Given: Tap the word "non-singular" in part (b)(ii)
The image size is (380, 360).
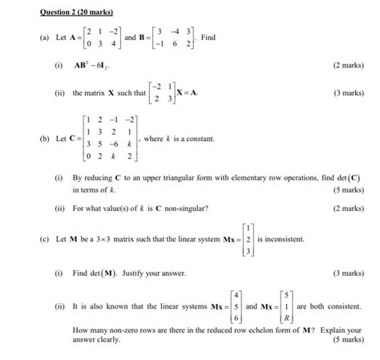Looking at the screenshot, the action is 186,208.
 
